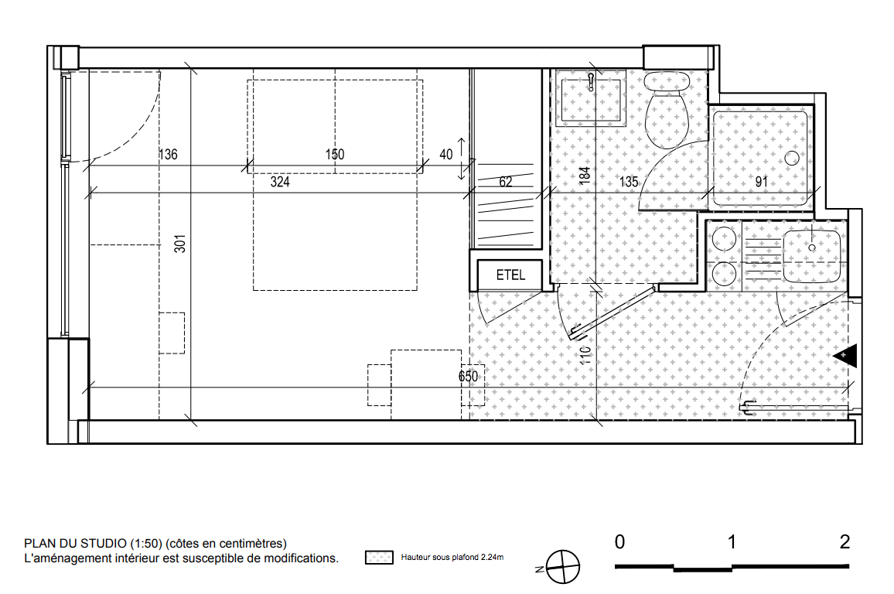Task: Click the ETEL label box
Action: point(510,275)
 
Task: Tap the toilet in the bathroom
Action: point(667,108)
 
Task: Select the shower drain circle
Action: point(792,158)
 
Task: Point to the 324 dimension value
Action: point(280,182)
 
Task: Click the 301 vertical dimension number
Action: point(180,244)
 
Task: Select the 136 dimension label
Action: point(168,155)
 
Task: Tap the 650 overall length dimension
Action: point(468,376)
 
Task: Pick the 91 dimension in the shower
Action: point(761,182)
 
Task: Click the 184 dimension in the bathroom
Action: point(585,175)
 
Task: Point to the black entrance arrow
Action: point(845,356)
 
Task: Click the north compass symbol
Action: point(562,567)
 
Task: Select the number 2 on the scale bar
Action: point(845,541)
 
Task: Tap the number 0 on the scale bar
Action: point(619,541)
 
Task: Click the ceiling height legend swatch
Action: point(379,558)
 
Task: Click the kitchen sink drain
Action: point(812,248)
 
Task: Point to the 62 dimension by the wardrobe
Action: point(506,182)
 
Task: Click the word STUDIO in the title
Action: point(103,543)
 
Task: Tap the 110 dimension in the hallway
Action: point(585,356)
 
